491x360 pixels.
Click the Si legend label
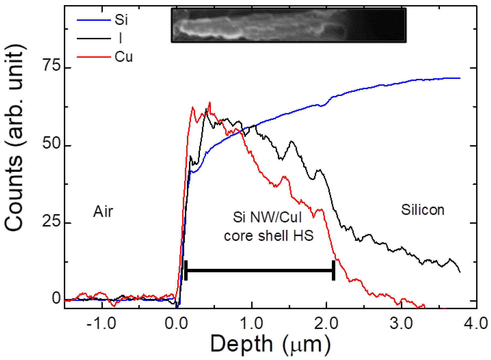[121, 20]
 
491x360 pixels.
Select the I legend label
[120, 38]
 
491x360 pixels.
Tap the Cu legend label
[124, 57]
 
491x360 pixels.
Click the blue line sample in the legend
[94, 20]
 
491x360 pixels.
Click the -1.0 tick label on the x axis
[101, 324]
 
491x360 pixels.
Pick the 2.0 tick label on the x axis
[327, 324]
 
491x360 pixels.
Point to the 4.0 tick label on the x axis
[476, 324]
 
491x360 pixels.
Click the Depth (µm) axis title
[270, 344]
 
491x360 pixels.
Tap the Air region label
[103, 212]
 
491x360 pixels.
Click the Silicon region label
[423, 210]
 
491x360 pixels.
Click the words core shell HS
[269, 235]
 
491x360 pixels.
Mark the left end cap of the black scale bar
[186, 270]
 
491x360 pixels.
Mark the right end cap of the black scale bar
[333, 270]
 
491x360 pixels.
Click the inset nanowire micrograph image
[289, 25]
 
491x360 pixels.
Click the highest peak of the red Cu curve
[209, 103]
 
